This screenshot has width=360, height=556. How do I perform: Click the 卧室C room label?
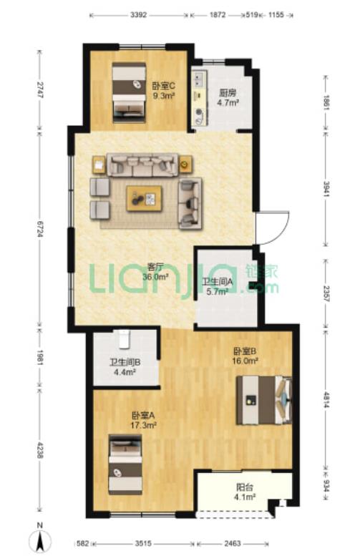[163, 86]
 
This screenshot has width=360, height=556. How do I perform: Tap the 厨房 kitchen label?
[227, 93]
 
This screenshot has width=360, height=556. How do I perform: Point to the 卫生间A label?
[217, 282]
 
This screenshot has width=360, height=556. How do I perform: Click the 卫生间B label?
[125, 362]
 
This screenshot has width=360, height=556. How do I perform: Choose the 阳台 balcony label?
[245, 487]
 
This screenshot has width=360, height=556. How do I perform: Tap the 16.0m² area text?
[245, 361]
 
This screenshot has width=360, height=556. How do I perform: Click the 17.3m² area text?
[144, 425]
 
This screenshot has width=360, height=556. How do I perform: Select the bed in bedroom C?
[129, 93]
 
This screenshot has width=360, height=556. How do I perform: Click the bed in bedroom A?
[125, 464]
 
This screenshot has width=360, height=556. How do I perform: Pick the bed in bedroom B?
[264, 400]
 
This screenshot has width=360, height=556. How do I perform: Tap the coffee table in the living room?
[145, 199]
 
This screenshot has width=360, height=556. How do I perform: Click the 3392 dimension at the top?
[138, 15]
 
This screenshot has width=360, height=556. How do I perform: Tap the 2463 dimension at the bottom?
[233, 543]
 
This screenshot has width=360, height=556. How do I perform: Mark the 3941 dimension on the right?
[326, 190]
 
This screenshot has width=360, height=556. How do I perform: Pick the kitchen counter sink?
[198, 79]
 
